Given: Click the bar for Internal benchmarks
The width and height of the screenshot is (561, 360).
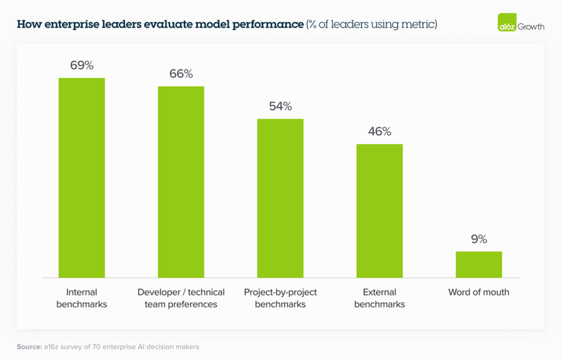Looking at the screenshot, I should click(82, 178).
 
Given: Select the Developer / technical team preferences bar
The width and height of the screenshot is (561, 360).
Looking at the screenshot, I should click(181, 182).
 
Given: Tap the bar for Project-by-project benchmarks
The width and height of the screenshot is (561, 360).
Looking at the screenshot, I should click(280, 198).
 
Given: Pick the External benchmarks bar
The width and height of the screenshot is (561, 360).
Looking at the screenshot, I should click(379, 210).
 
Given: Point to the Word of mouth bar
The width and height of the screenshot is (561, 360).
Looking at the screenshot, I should click(478, 264).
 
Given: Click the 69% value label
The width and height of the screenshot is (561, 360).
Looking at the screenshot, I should click(82, 65).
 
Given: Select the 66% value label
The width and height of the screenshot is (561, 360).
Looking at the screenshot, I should click(181, 74).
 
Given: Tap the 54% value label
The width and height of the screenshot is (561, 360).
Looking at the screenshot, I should click(280, 106).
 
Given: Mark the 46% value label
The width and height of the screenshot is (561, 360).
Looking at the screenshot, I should click(379, 132).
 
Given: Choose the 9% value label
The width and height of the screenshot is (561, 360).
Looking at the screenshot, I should click(478, 239).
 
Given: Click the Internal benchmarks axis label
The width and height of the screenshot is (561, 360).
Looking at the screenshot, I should click(82, 298).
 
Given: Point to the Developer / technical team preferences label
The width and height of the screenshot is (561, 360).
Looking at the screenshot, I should click(181, 298).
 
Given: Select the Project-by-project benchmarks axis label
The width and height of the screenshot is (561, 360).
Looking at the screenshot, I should click(280, 298).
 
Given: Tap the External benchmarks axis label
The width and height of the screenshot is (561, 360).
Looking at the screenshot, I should click(379, 298).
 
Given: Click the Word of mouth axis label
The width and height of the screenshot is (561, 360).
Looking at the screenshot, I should click(478, 292).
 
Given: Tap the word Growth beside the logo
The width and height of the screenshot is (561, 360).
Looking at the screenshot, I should click(531, 26).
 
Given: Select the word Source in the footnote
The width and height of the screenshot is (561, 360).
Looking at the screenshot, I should click(29, 347).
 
